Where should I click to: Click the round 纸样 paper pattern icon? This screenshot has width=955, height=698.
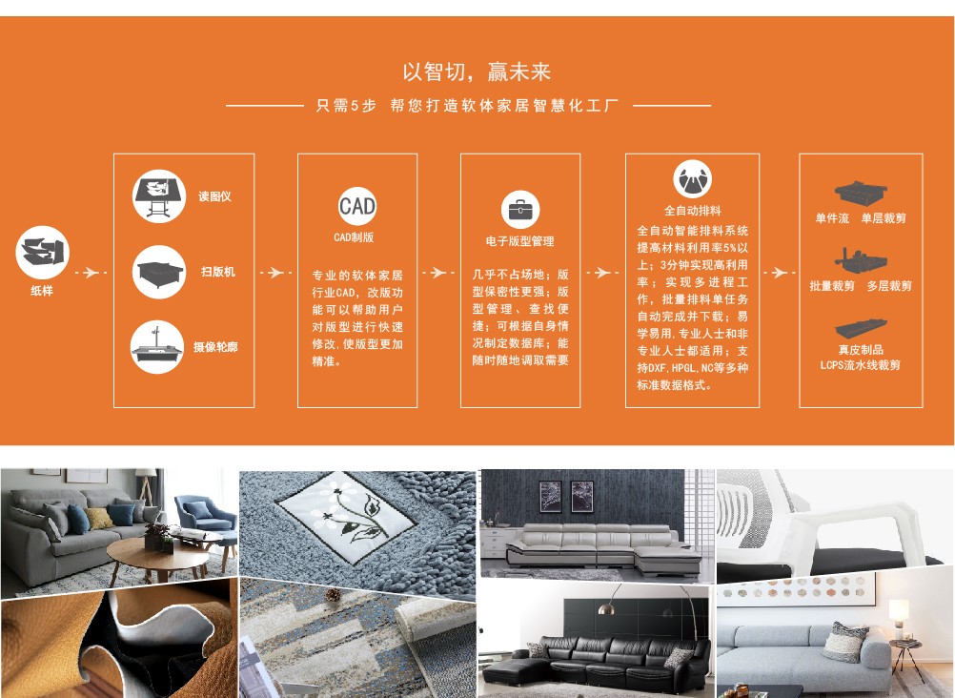tap(42, 253)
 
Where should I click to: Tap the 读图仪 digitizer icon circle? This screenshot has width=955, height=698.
tap(159, 196)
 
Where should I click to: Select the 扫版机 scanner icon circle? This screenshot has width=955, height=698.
tap(159, 272)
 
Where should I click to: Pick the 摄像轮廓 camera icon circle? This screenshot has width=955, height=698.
tap(157, 347)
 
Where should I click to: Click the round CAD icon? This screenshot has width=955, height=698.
tap(356, 206)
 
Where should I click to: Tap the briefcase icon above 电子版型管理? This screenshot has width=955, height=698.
tap(520, 210)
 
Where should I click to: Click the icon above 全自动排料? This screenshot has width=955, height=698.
tap(693, 178)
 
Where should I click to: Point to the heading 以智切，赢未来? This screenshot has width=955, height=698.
tap(477, 72)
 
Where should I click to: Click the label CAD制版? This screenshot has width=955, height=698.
tap(354, 237)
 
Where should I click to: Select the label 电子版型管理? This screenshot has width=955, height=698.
tap(520, 241)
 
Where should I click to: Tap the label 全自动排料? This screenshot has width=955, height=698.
tap(693, 211)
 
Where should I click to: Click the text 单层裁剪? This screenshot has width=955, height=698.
tap(884, 218)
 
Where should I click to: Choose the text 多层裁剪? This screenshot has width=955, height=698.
tap(890, 286)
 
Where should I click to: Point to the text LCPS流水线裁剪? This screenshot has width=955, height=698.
tap(860, 365)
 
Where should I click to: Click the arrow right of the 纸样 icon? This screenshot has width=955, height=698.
tap(91, 273)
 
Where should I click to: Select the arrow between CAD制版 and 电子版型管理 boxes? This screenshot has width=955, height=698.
tap(438, 273)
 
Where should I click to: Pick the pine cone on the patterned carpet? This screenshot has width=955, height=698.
tap(333, 594)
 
